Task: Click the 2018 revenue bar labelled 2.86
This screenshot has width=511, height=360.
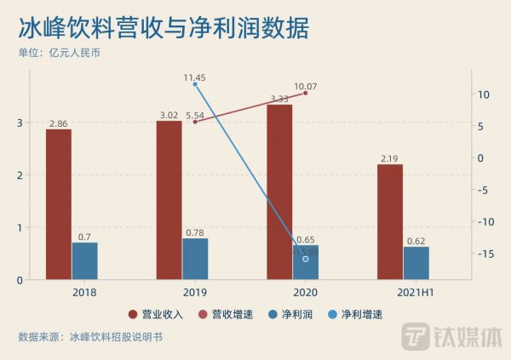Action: (59, 204)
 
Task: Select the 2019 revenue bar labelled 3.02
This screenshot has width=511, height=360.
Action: (169, 200)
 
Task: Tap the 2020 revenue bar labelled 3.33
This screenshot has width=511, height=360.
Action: (279, 191)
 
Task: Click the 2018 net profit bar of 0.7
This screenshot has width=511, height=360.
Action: (84, 261)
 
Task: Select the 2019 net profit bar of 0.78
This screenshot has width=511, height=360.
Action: (195, 259)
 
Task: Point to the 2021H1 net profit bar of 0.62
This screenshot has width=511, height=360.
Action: (416, 263)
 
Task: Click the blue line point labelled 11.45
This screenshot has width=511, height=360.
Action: (195, 84)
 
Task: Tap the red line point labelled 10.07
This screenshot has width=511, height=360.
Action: (306, 93)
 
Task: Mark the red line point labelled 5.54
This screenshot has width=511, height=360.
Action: (195, 122)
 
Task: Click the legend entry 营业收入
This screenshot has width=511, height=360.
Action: (158, 314)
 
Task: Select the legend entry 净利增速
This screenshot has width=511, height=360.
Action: (358, 314)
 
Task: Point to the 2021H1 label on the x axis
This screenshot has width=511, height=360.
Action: (416, 292)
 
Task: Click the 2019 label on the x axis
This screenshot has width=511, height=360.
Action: (195, 292)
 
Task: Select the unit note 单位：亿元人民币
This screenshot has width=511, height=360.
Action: (65, 53)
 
